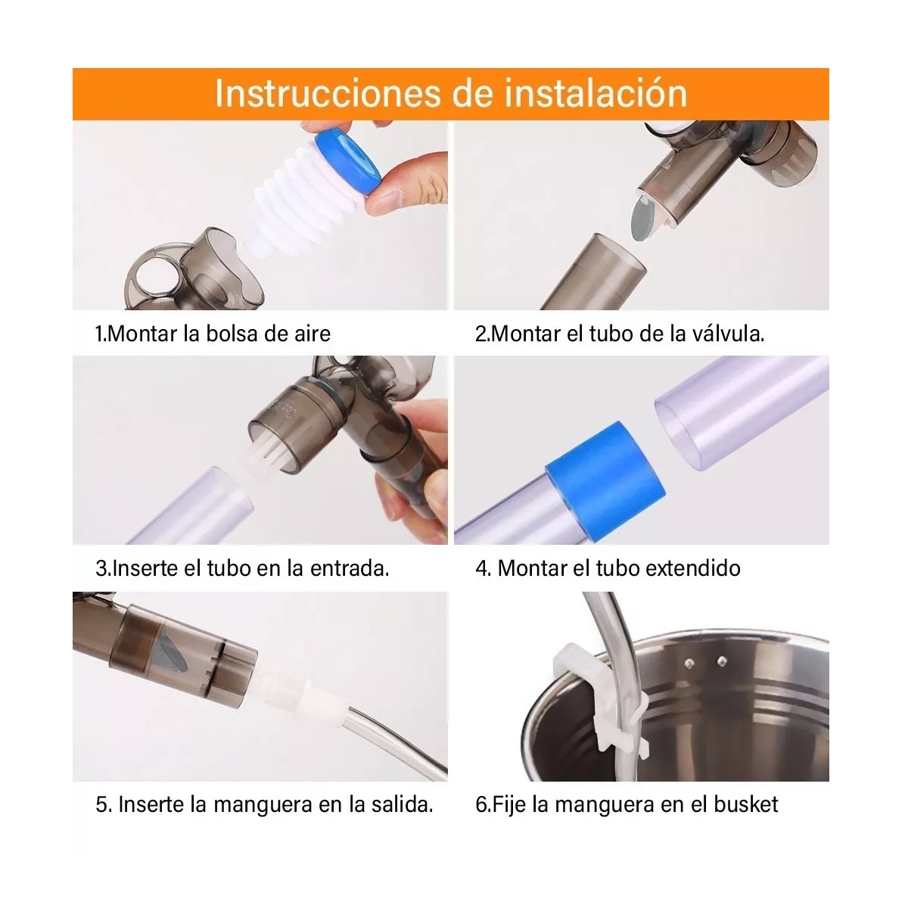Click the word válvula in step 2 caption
727,334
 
